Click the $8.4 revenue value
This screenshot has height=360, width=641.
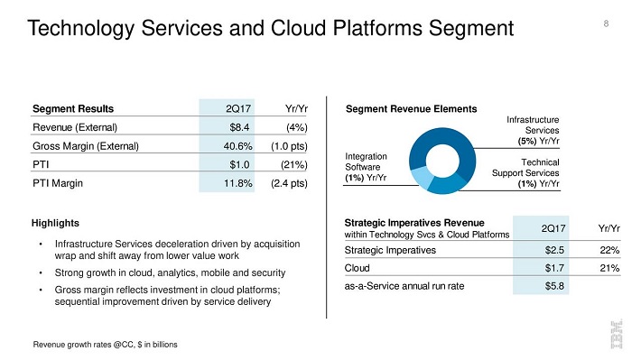239,127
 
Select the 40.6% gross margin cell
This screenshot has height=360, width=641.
237,146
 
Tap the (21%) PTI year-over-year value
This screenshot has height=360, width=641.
294,165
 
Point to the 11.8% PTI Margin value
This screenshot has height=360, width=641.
237,183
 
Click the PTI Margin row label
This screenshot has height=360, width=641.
58,183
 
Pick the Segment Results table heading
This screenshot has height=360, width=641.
73,108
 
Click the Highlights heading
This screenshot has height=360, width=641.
55,223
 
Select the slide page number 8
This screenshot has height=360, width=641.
606,23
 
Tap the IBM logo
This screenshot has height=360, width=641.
617,334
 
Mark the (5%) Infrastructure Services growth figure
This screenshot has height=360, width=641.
527,141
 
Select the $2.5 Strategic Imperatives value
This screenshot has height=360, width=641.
554,250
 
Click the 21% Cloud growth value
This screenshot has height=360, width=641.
609,268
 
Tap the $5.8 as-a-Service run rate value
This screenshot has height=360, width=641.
554,286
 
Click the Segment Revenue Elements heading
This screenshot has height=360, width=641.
412,108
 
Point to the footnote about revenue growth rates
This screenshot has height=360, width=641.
105,345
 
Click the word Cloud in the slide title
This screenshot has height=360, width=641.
299,28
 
